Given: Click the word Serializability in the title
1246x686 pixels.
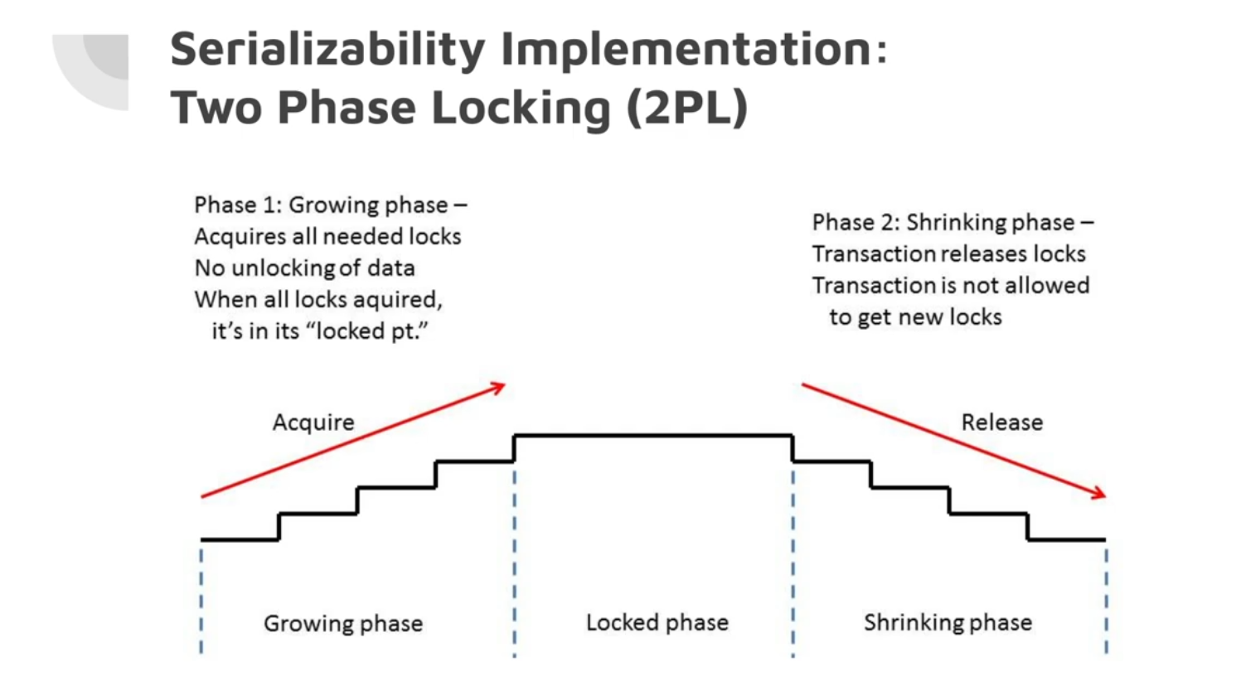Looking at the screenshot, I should (x=328, y=50).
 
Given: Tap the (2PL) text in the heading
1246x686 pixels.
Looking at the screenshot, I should (x=687, y=108).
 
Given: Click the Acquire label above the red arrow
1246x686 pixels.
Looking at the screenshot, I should (x=313, y=423).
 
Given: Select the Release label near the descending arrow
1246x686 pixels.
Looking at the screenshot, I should (x=1001, y=423).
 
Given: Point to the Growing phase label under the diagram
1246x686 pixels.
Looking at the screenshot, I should (x=343, y=623).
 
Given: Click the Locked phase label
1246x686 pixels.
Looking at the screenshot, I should (x=657, y=622).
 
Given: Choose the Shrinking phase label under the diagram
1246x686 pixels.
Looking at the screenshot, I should (x=948, y=622).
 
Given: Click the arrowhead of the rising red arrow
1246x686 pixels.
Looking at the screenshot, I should (x=498, y=387).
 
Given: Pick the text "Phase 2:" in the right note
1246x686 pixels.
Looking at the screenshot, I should (x=855, y=222).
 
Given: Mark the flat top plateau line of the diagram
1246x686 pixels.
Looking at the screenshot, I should (x=653, y=435).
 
